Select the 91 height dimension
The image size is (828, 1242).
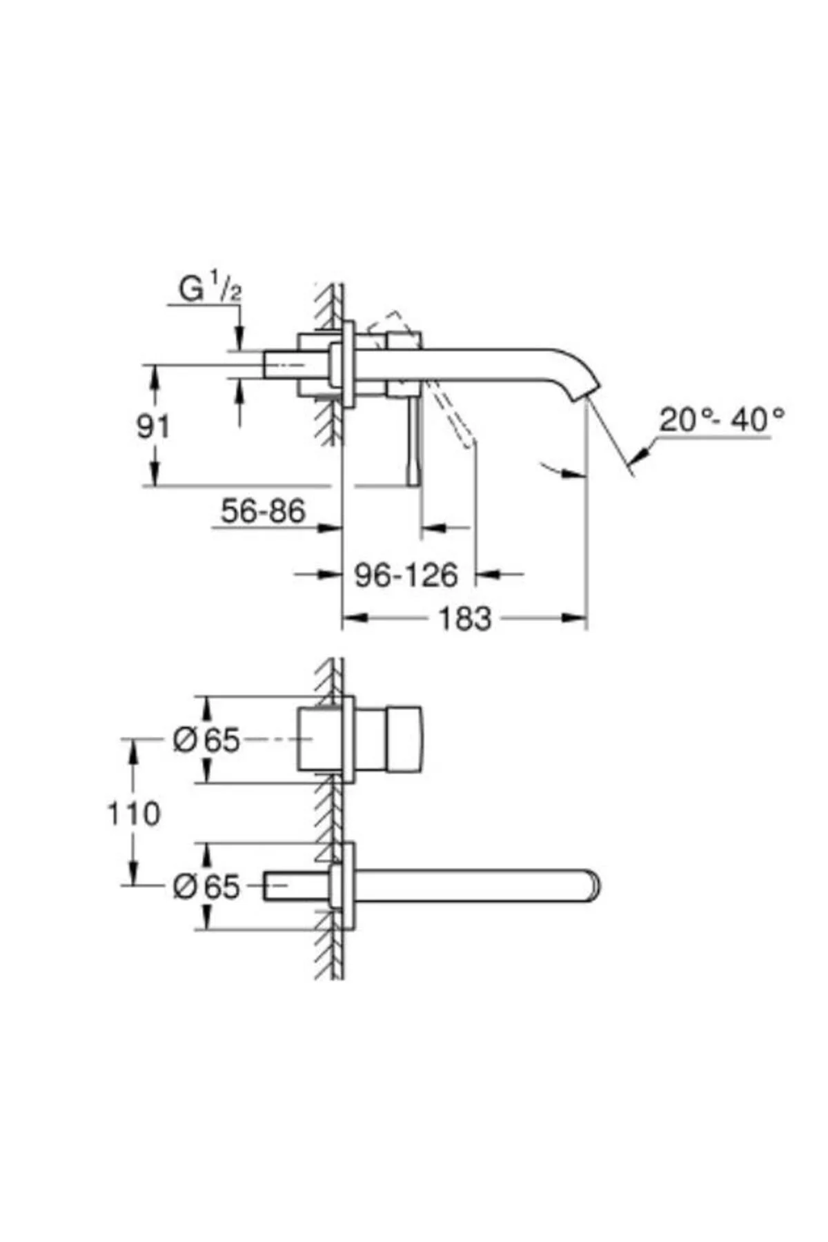pos(152,427)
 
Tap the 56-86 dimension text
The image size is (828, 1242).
pos(263,511)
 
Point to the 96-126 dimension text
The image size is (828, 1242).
pos(406,574)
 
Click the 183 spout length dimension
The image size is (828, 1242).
pos(465,618)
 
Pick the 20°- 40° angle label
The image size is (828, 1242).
pos(722,419)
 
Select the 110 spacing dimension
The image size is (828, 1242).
pos(134,814)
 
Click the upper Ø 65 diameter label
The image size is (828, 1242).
pos(206,740)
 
